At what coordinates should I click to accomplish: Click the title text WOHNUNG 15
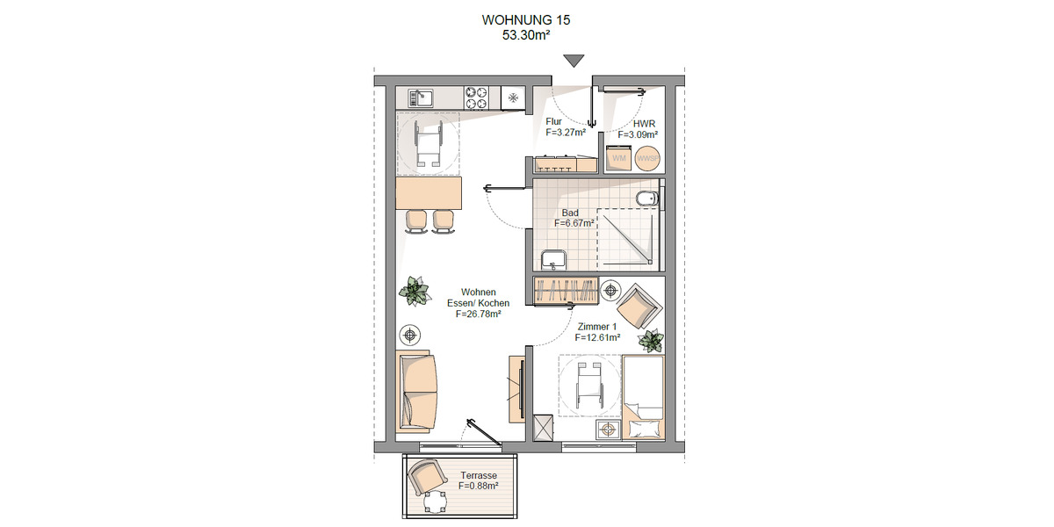coord(526,19)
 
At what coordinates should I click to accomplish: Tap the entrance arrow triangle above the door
coord(574,61)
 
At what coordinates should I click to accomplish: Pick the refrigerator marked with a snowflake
coord(512,97)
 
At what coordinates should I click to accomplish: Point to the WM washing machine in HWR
coord(619,158)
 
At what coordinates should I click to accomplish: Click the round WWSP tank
coord(647,158)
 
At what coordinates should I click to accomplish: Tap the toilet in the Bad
coord(648,199)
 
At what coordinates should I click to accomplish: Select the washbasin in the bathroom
coord(553,260)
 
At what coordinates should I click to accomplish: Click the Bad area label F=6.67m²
coord(574,224)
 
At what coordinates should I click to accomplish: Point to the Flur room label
coord(553,122)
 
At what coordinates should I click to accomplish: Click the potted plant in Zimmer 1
coord(651,339)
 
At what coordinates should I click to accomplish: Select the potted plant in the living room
coord(413,290)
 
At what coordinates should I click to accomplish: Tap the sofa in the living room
coord(415,393)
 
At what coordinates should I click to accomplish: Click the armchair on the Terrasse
coord(425,478)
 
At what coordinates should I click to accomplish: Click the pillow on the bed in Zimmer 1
coord(642,428)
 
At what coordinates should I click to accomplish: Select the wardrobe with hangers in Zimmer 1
coord(566,290)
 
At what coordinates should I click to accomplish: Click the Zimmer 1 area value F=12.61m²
coord(597,337)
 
